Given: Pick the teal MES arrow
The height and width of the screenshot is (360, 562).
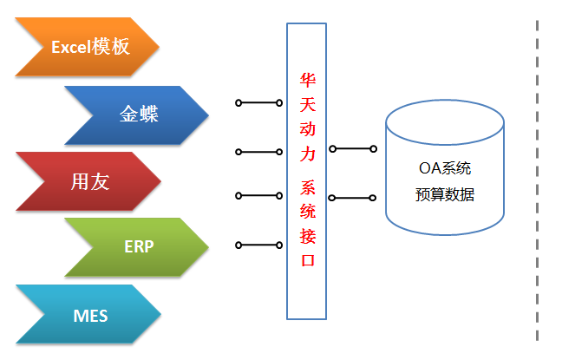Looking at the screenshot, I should tap(87, 314).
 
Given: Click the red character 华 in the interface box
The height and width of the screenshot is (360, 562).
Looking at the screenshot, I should tap(307, 79).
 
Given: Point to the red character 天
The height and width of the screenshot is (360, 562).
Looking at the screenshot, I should tap(307, 104).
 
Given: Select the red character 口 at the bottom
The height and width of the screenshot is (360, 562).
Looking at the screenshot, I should tap(307, 261).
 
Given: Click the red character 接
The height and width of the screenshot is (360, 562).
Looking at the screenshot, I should tap(307, 236).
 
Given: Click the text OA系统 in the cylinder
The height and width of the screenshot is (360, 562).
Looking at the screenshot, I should tap(444, 169).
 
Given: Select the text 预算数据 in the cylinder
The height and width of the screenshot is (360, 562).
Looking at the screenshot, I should tap(444, 195).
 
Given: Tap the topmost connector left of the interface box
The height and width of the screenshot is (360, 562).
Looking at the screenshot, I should tap(258, 103).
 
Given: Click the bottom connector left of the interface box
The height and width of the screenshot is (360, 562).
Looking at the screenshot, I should tap(258, 245).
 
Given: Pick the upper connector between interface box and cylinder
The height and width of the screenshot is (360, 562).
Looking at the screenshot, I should tap(352, 148).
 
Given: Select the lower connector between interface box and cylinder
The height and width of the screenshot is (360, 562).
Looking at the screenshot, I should tap(352, 198).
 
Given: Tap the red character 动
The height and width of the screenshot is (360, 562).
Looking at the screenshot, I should tap(307, 131).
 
